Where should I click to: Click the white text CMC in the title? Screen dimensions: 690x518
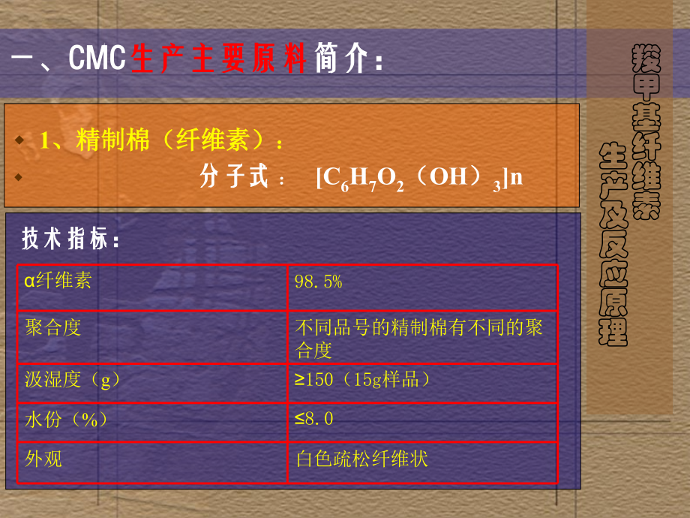(97, 58)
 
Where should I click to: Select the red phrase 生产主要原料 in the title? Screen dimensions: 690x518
(219, 58)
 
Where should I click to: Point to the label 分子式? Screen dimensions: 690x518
(234, 176)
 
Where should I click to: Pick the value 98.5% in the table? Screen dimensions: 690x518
(318, 282)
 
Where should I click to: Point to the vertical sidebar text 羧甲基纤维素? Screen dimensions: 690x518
(646, 131)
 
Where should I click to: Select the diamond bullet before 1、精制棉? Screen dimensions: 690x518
(19, 140)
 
